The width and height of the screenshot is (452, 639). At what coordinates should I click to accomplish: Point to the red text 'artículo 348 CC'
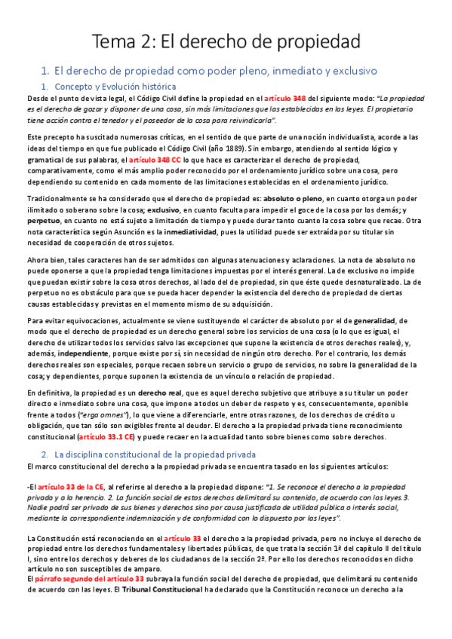154,161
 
